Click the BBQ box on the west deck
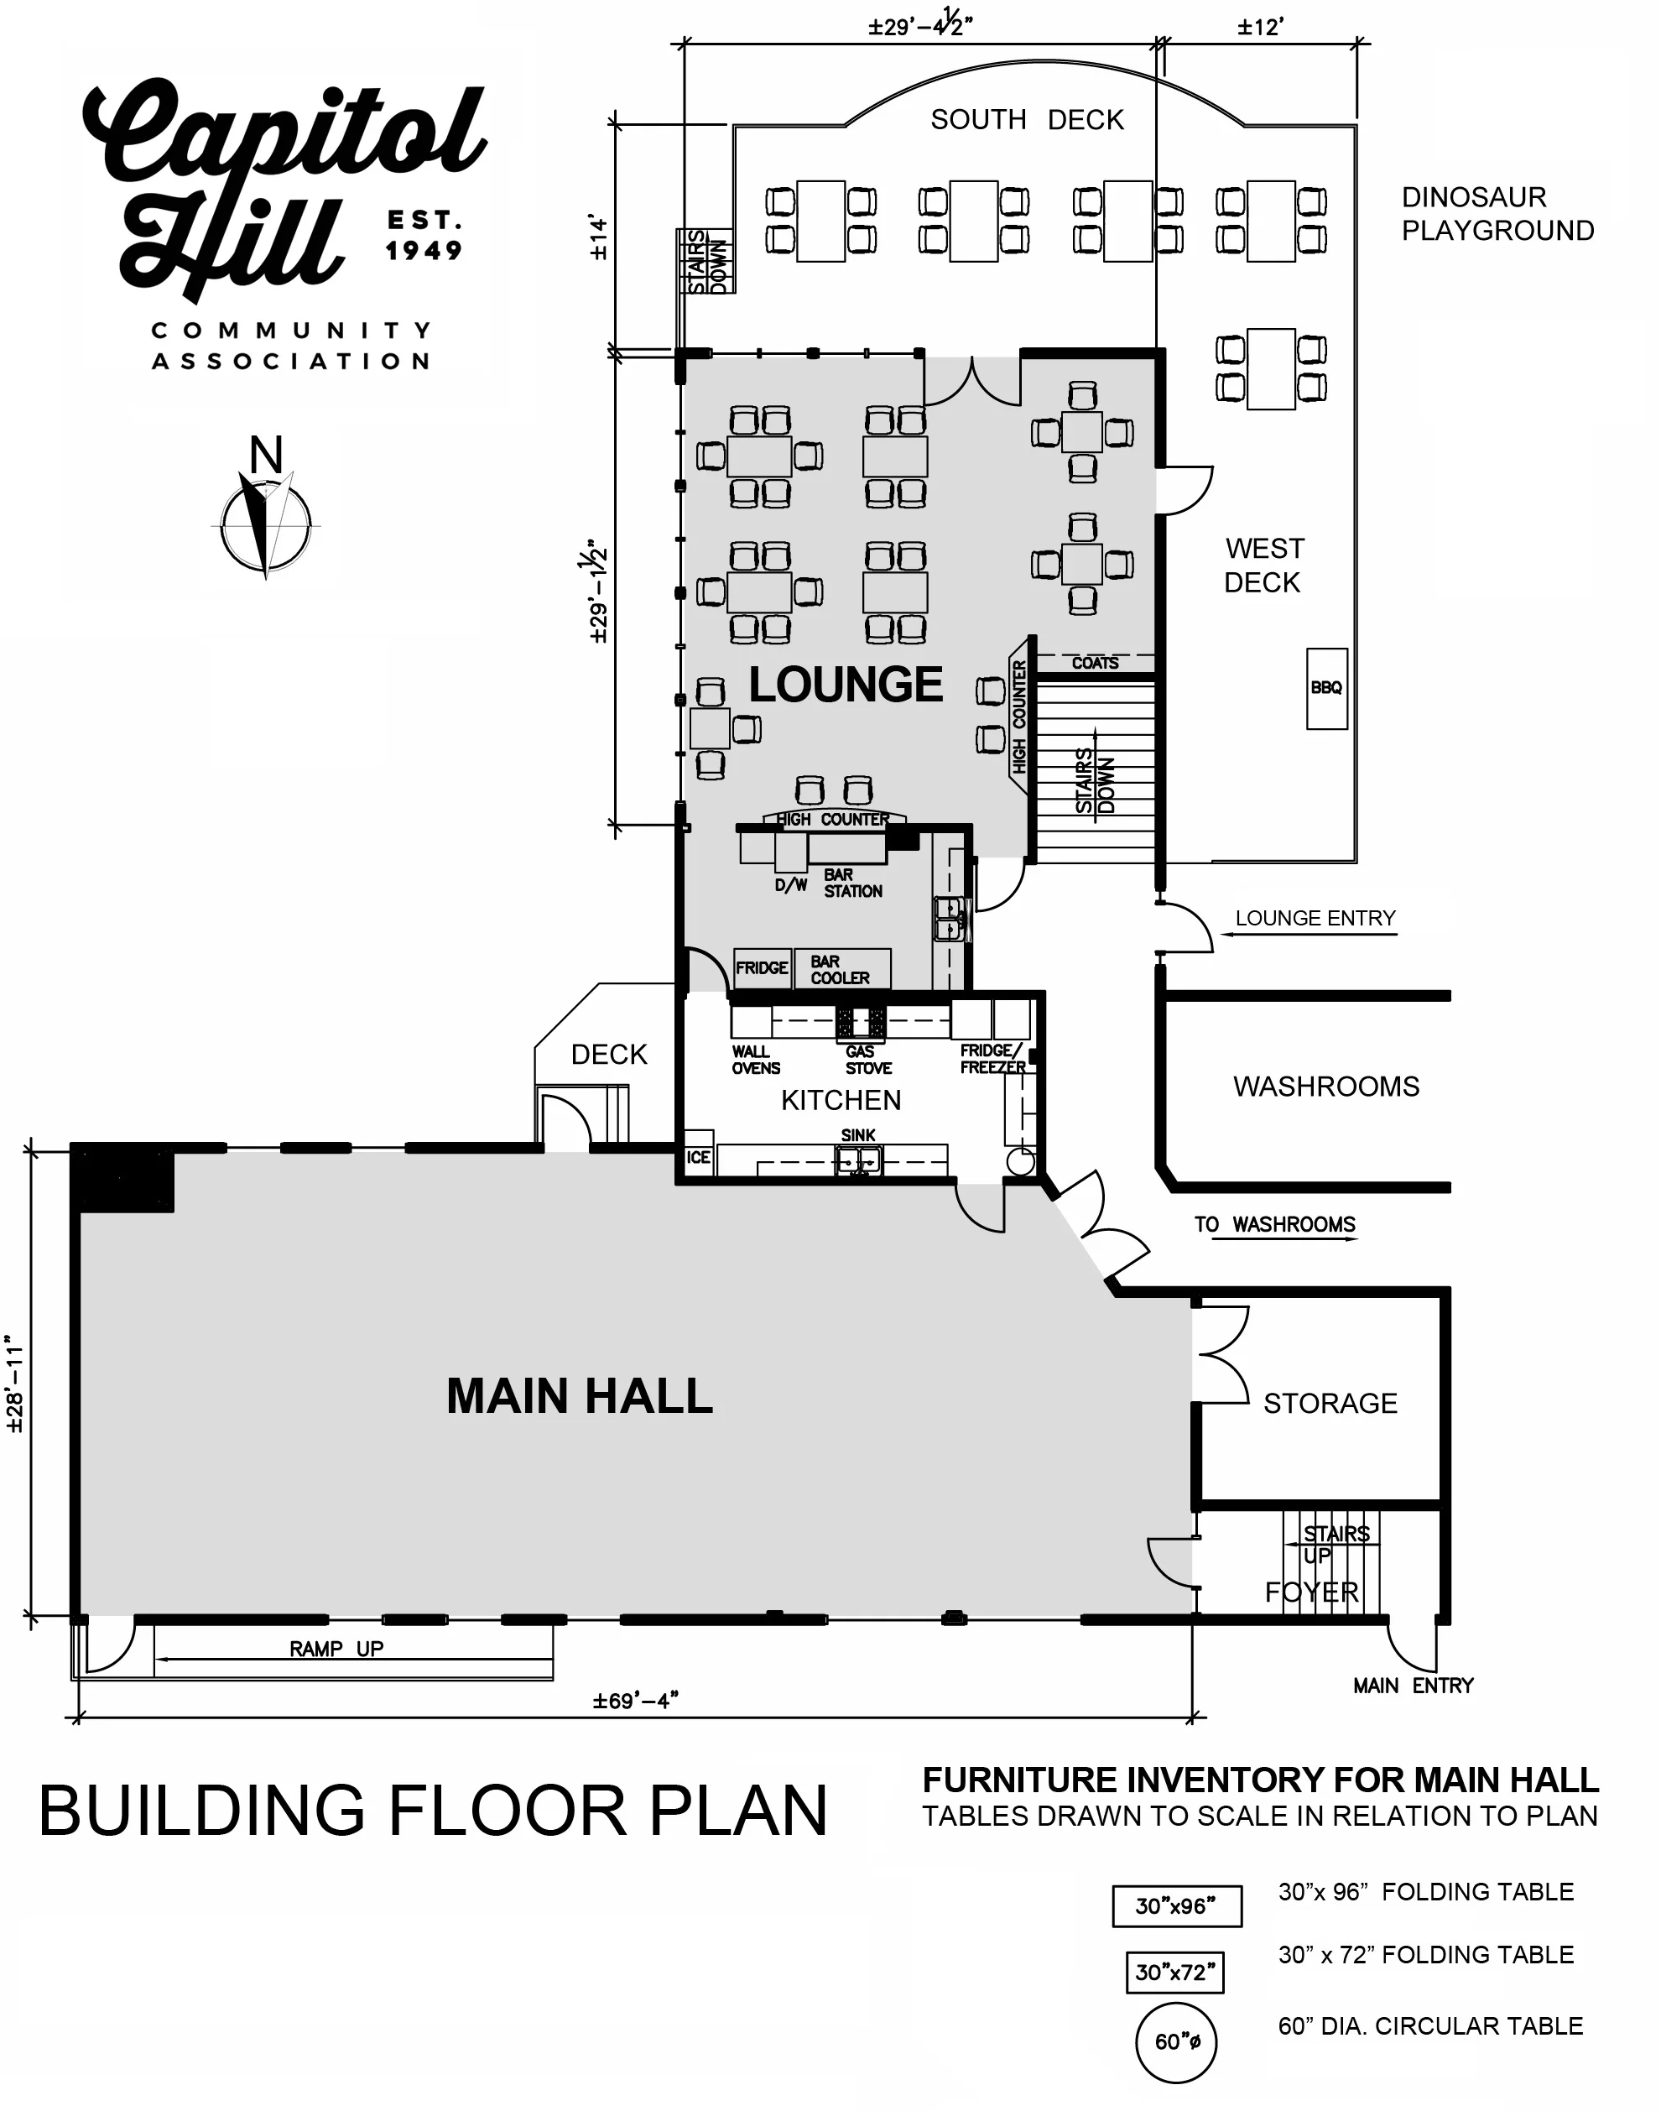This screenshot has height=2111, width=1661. (x=1326, y=689)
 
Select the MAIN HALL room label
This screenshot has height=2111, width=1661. (x=580, y=1396)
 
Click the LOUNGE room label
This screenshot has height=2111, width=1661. (x=845, y=685)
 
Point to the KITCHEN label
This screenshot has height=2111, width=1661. (x=841, y=1100)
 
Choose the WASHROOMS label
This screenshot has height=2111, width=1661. (x=1326, y=1087)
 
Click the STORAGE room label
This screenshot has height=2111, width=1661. (x=1330, y=1403)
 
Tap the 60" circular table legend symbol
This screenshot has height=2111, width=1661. (x=1177, y=2041)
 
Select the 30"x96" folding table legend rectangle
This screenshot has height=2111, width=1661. (x=1177, y=1905)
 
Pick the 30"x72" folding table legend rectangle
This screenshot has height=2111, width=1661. (x=1174, y=1972)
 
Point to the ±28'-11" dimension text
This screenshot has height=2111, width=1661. (x=16, y=1382)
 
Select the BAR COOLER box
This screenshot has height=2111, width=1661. (x=842, y=968)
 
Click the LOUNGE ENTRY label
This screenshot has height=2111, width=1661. (x=1315, y=918)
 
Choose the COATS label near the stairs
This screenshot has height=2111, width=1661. (x=1095, y=663)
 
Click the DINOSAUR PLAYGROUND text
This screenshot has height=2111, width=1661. (x=1497, y=214)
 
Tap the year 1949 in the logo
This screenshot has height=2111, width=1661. (x=424, y=251)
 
